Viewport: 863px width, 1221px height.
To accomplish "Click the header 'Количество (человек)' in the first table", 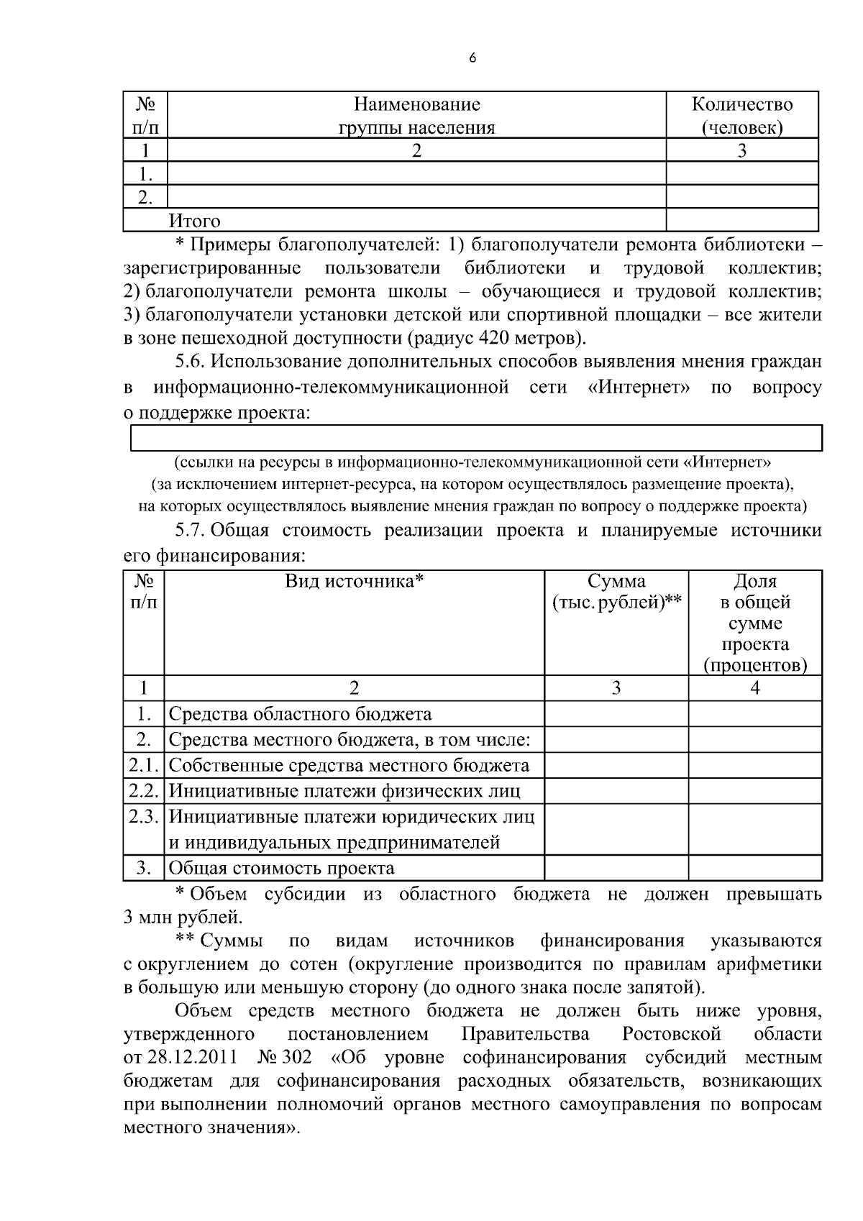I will (x=741, y=116).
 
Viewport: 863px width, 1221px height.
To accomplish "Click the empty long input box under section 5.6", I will (x=475, y=437).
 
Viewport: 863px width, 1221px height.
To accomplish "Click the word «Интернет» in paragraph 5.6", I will (x=639, y=388).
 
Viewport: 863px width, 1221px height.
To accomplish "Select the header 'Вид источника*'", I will (x=354, y=580).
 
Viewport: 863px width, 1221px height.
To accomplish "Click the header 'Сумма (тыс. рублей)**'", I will (x=616, y=591).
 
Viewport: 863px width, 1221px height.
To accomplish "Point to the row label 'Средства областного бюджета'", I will (x=300, y=714).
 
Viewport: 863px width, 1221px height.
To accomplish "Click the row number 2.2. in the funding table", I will (x=144, y=791).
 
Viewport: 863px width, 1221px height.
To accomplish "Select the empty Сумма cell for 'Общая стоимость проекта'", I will (x=616, y=868).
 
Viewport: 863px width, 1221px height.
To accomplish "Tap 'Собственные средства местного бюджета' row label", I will (x=349, y=766).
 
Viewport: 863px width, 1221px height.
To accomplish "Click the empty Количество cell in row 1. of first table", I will (x=741, y=173).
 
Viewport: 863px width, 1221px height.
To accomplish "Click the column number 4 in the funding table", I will (x=754, y=688).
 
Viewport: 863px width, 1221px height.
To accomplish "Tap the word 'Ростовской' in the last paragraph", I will (x=671, y=1034).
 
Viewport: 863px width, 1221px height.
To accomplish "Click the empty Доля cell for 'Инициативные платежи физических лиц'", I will (x=754, y=791).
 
